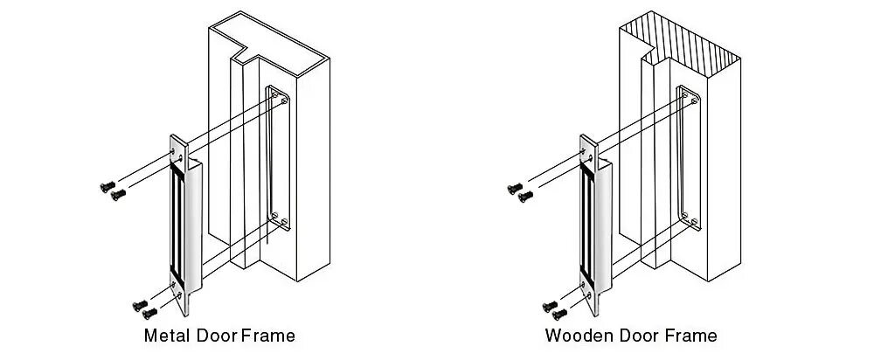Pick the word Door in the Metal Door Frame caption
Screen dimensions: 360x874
(x=211, y=336)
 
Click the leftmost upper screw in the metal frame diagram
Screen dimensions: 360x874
(x=105, y=184)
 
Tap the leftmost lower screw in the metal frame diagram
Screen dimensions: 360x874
(x=138, y=303)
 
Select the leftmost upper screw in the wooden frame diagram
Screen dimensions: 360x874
(x=513, y=185)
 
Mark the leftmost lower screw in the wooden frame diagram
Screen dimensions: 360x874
(x=547, y=304)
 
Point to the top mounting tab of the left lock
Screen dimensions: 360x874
(x=178, y=149)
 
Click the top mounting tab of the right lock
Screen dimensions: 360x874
(x=588, y=149)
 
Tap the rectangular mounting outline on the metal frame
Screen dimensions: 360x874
(x=278, y=157)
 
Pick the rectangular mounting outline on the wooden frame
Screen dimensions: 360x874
(x=688, y=157)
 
